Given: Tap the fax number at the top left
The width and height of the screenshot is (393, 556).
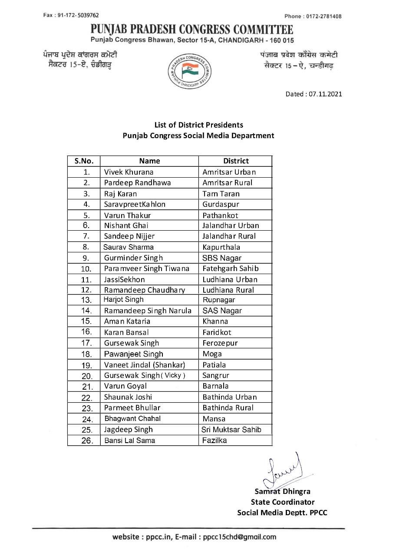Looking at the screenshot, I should point(71,16).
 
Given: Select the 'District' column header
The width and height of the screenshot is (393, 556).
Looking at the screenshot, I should point(236,161).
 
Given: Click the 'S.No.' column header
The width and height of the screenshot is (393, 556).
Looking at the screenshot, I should point(84,161).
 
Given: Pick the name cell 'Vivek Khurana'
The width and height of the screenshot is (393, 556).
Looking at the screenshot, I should point(129,172).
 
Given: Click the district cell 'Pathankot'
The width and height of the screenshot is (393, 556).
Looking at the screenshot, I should point(220,215).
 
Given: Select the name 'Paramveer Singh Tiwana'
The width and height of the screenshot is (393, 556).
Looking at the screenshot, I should point(146,269).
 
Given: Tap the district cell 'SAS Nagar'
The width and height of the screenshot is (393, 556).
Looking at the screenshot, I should point(222,311).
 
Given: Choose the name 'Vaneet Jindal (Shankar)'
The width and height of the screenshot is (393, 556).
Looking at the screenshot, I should point(145,365).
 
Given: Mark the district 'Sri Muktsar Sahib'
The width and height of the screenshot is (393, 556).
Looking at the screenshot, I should point(231,430).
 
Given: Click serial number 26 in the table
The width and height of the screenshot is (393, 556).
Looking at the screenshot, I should point(87,441).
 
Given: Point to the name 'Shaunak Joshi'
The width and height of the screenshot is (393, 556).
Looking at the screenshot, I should point(128,397).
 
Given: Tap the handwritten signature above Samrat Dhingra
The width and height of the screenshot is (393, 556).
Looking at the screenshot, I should point(282,471).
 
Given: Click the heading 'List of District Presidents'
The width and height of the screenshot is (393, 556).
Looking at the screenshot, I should point(198,125).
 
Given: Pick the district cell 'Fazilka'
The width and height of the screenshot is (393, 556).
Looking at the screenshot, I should point(215,440).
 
